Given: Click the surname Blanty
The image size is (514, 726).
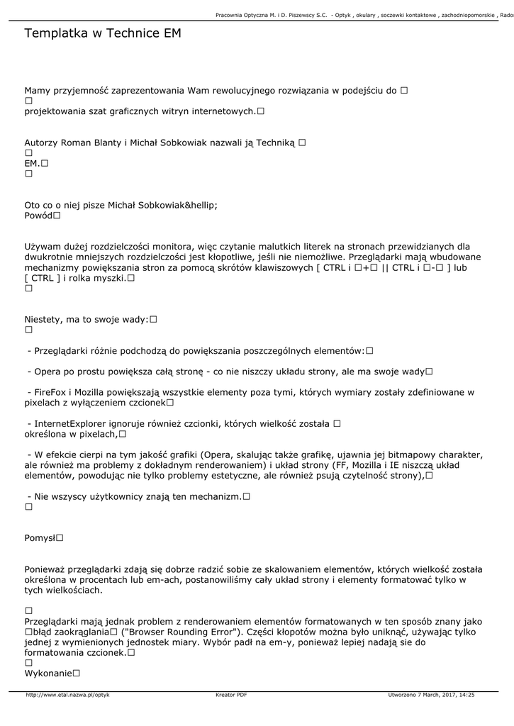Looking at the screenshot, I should pos(104,143).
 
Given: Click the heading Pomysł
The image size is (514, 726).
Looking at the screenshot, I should pos(40,538).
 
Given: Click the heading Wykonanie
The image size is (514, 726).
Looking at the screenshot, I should pos(48,673).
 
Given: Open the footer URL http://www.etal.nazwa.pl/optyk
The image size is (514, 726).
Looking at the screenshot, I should pos(67,696).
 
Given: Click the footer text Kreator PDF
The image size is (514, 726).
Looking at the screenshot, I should pos(231,696).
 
